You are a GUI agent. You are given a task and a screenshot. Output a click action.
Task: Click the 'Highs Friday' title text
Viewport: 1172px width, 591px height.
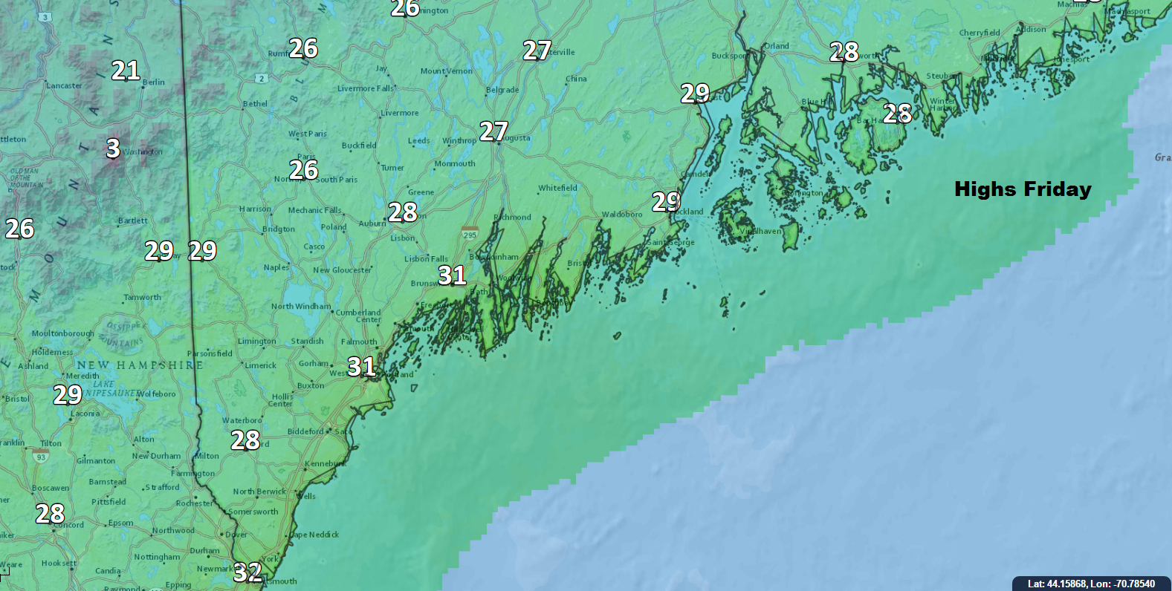(x=1023, y=189)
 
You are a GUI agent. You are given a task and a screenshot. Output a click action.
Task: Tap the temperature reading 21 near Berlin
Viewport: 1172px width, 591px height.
(x=126, y=71)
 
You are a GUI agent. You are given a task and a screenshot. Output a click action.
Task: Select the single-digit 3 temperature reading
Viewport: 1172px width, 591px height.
(x=113, y=148)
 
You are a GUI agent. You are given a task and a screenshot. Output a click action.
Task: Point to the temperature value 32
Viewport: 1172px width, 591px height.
(x=247, y=572)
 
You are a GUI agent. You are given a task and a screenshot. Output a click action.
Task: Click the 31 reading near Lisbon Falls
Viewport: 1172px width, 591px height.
(x=452, y=275)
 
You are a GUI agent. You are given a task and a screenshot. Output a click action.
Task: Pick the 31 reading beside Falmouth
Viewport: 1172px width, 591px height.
(x=361, y=366)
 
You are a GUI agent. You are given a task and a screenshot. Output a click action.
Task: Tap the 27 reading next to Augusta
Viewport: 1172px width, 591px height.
(x=493, y=131)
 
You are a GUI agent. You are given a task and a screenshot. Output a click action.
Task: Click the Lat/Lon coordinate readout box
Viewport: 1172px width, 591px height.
(x=1091, y=584)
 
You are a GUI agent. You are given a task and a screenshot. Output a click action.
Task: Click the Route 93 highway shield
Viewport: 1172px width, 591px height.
(x=41, y=457)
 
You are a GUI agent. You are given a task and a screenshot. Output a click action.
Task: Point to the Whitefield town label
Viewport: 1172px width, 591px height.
(x=557, y=189)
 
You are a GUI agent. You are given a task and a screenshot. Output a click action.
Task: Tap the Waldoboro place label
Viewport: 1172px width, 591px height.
(x=621, y=215)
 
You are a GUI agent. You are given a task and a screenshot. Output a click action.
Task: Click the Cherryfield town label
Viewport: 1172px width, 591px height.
(x=979, y=33)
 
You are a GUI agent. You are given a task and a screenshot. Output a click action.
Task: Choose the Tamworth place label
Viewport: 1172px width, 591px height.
(x=142, y=298)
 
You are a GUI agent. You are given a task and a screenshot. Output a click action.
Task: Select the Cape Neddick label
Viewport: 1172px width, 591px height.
(x=314, y=535)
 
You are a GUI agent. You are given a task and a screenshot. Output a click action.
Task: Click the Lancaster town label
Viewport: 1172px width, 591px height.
(x=64, y=86)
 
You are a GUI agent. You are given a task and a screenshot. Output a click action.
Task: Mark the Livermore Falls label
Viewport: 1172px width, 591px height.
(x=366, y=89)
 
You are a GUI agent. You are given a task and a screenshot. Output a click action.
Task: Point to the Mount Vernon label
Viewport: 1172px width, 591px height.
(x=446, y=71)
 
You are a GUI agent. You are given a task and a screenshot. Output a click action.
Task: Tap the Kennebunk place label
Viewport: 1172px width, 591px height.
(x=325, y=464)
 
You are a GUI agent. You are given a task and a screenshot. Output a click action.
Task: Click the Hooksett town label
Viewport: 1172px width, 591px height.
(x=59, y=564)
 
